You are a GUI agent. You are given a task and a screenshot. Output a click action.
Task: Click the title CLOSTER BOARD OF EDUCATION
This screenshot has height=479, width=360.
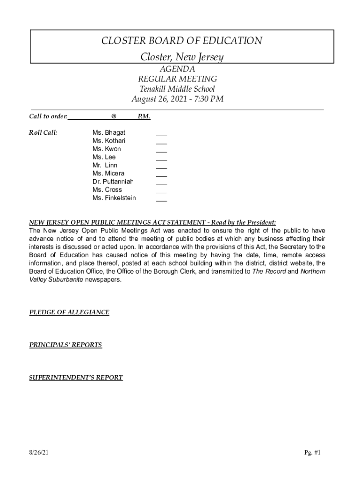coord(182,41)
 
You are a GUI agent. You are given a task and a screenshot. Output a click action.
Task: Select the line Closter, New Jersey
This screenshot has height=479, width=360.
coord(182,58)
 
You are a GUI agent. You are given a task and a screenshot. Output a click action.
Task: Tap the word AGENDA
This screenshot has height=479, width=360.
coord(177,69)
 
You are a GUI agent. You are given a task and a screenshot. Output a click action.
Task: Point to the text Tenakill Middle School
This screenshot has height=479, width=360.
coord(177,89)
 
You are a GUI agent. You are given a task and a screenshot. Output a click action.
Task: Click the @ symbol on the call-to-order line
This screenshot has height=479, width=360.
coord(114,116)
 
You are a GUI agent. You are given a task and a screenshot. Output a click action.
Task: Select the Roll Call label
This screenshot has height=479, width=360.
coord(43,133)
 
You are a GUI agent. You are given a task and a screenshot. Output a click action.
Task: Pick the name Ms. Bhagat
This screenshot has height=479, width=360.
coord(109,133)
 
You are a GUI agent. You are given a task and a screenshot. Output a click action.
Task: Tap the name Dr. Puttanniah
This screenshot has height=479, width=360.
coord(113,181)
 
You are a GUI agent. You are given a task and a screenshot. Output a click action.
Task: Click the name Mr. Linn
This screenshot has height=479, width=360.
coord(105,165)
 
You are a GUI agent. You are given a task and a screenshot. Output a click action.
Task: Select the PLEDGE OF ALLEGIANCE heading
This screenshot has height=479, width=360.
coord(69,312)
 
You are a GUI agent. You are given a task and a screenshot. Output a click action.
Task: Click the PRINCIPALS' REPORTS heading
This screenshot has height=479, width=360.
coord(65,345)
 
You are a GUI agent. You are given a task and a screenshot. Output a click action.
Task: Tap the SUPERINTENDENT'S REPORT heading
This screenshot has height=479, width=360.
coord(76,377)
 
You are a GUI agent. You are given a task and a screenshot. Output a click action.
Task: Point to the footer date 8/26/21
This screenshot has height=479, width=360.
coord(39,452)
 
